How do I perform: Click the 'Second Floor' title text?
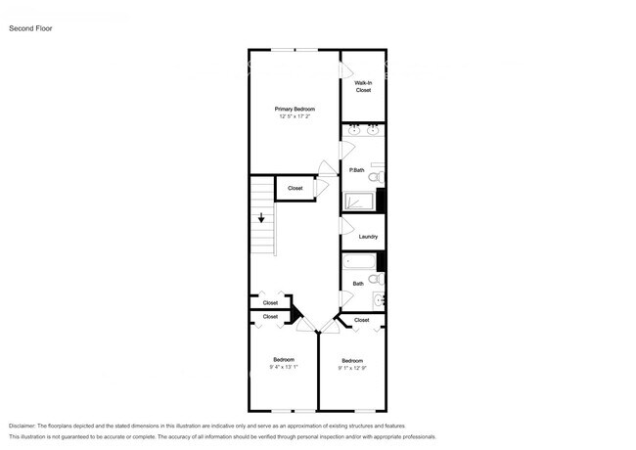click(x=31, y=28)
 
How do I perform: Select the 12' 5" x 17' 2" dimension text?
click(x=294, y=116)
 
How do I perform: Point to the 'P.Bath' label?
click(x=357, y=171)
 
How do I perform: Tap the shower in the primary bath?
click(x=359, y=202)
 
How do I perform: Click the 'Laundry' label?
click(x=368, y=237)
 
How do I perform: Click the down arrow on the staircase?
click(x=261, y=219)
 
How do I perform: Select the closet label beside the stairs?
click(x=295, y=188)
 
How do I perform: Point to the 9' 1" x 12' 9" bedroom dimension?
click(x=352, y=368)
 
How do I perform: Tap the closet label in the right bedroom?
click(x=361, y=320)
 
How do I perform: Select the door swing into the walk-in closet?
click(x=345, y=71)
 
